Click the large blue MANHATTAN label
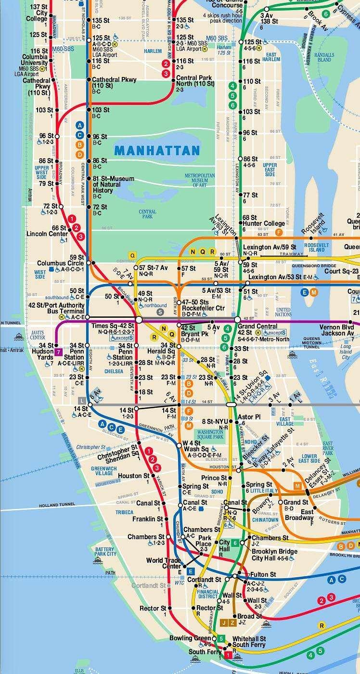(157, 150)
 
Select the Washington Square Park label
(209, 435)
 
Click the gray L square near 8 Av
(82, 400)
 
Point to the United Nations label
(283, 311)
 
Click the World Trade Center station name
(164, 563)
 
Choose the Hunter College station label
(264, 223)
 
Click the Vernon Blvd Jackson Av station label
(336, 330)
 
